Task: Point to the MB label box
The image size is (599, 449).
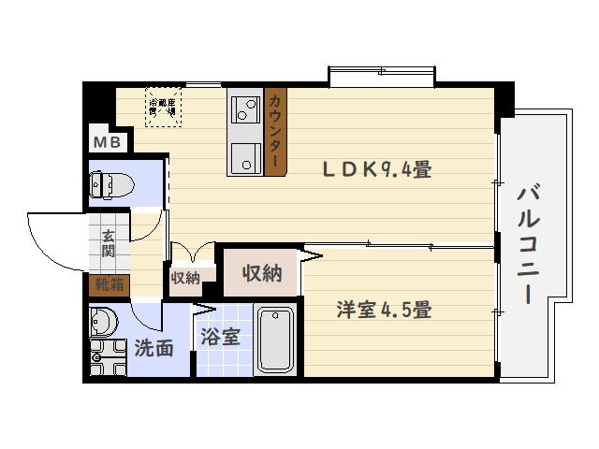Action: (105, 142)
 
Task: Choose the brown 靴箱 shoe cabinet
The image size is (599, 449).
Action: (109, 283)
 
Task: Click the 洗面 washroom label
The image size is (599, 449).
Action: (153, 348)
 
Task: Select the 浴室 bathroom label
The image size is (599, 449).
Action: (221, 337)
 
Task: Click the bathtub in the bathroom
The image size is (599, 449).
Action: (274, 340)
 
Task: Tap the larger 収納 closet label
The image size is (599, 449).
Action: (261, 273)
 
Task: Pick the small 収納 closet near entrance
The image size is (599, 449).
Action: (185, 277)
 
